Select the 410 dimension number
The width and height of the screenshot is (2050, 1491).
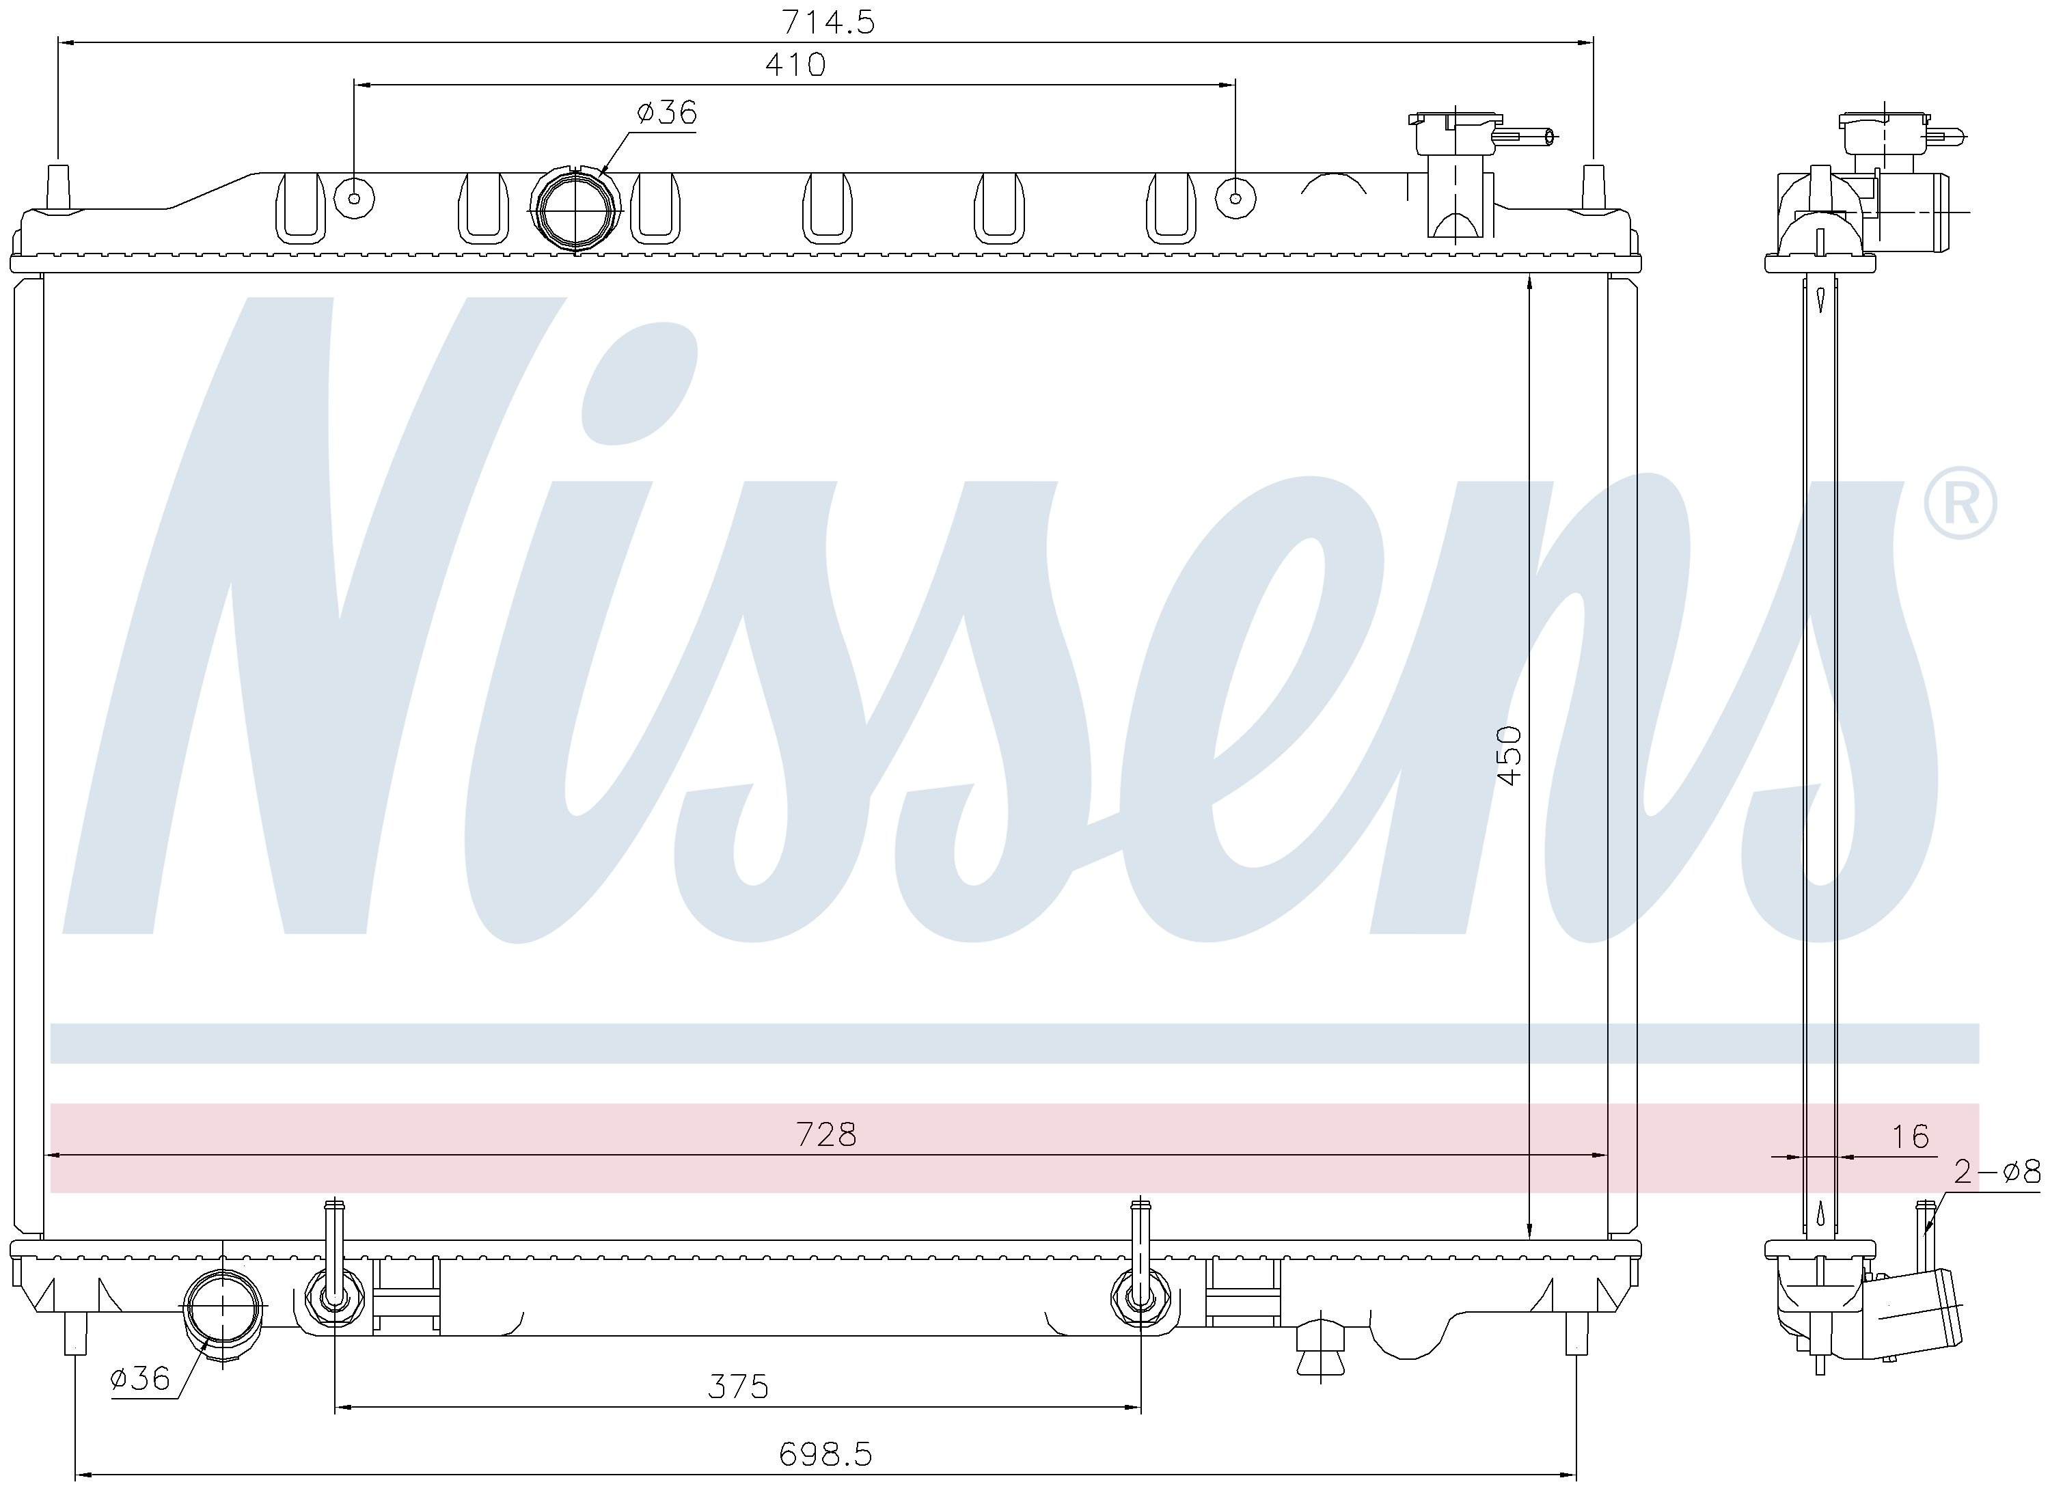pyautogui.click(x=795, y=64)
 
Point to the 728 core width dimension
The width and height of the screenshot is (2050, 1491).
pyautogui.click(x=826, y=1134)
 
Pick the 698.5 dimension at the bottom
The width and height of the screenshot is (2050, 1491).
pyautogui.click(x=825, y=1454)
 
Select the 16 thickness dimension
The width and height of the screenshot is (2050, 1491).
pyautogui.click(x=1911, y=1136)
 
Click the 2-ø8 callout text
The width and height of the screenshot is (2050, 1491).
pyautogui.click(x=1997, y=1172)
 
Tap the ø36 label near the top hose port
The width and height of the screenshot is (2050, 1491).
pyautogui.click(x=667, y=112)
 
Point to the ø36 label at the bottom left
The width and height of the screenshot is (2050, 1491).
pyautogui.click(x=140, y=1378)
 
